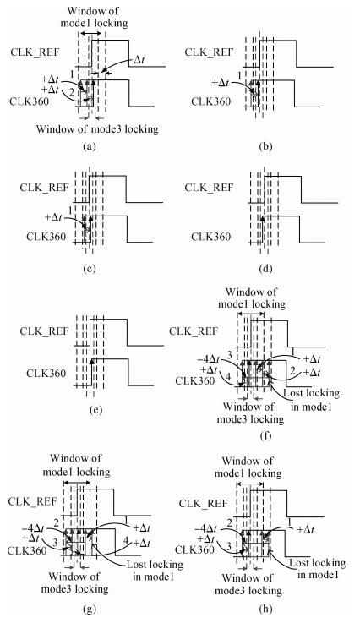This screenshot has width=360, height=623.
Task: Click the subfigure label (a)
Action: (90, 146)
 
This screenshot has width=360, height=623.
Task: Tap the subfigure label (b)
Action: (265, 146)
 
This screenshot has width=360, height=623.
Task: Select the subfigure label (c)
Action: (90, 269)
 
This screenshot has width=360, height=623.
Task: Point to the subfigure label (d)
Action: (265, 269)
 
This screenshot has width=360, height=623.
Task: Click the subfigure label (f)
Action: (265, 436)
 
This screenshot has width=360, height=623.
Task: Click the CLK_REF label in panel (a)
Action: (34, 52)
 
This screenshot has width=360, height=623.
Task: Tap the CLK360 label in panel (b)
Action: (211, 101)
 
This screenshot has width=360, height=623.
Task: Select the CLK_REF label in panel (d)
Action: (209, 188)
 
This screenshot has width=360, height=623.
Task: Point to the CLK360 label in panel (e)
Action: (46, 373)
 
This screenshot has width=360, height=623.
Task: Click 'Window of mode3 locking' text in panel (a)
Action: (97, 129)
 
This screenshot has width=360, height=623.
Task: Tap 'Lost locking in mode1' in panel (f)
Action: (311, 400)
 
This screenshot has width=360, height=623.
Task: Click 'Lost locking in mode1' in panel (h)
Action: (317, 569)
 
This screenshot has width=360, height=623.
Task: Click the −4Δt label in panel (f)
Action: (208, 359)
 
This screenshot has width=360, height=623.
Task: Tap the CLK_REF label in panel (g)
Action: (33, 501)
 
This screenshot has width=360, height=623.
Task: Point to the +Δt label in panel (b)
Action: (221, 82)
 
